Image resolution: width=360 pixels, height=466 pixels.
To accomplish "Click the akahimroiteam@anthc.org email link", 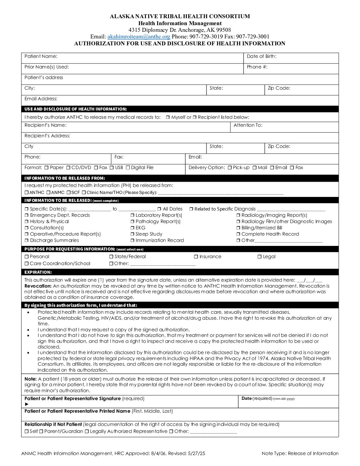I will point(139,37).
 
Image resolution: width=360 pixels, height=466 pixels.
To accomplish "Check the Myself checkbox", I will point(168,117).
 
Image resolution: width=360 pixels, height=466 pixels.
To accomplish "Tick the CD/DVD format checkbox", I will point(68,168).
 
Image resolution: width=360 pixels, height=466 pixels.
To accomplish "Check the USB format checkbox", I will point(112,168).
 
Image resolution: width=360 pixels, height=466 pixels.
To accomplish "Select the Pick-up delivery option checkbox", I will point(230,168).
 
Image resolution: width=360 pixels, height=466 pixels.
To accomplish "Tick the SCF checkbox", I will point(68,193).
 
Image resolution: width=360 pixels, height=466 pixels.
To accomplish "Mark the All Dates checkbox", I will point(159,209).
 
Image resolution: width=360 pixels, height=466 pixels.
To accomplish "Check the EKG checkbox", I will point(132,228).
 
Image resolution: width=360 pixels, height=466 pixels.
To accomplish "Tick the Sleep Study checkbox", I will point(132,234).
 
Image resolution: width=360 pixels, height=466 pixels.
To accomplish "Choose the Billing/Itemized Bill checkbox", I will point(238,228).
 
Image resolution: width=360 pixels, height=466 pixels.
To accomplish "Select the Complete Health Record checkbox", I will point(238,234).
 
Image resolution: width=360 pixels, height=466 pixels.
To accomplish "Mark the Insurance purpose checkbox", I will point(196,257).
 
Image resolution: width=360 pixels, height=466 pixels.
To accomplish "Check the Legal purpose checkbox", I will point(259,257).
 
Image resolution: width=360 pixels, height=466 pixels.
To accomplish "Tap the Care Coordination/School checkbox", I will point(26,264).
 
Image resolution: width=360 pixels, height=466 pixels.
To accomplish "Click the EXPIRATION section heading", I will point(38,272).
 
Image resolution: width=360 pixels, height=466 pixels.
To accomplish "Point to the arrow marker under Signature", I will point(27,404).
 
